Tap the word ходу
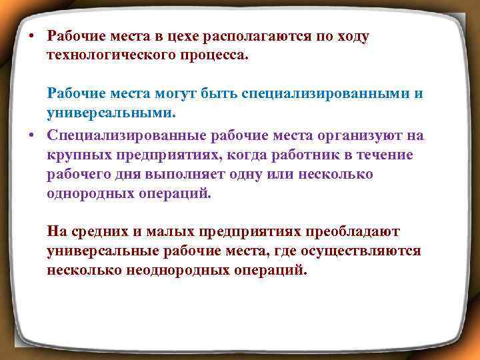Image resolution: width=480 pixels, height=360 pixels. pos(351,37)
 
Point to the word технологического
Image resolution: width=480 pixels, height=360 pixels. pos(104,54)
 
